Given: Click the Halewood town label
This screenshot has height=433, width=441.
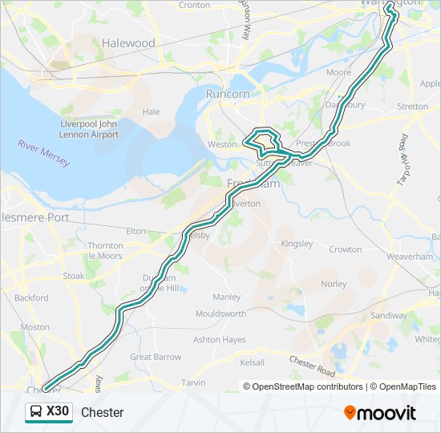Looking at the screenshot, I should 128,42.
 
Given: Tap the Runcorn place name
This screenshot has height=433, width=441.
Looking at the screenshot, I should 227,94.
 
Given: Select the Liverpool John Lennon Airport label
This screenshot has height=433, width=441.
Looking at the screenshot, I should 89,130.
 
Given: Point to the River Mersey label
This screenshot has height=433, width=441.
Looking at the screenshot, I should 45,153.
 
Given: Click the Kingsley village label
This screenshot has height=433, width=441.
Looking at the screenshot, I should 297,243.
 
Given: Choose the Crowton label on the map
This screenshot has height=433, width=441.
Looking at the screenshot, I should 345,249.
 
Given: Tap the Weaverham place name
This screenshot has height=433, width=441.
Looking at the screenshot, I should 410,256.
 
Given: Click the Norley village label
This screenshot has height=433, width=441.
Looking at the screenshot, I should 334,284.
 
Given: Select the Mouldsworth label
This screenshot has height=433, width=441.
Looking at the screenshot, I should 220,314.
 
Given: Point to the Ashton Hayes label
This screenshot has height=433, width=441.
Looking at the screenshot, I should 219,340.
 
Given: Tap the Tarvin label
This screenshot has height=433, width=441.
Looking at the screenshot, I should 193,383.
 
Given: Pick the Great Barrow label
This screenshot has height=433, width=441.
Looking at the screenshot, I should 156,357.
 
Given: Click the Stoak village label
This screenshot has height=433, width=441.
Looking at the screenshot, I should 73,276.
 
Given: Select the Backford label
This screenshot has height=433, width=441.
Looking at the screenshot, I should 31,297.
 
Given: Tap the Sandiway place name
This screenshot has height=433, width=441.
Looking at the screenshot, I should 390,316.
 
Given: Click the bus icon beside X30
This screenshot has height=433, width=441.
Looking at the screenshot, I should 37,412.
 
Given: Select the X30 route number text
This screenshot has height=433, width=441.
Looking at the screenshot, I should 58,412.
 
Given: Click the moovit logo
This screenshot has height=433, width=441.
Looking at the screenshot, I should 380,413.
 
